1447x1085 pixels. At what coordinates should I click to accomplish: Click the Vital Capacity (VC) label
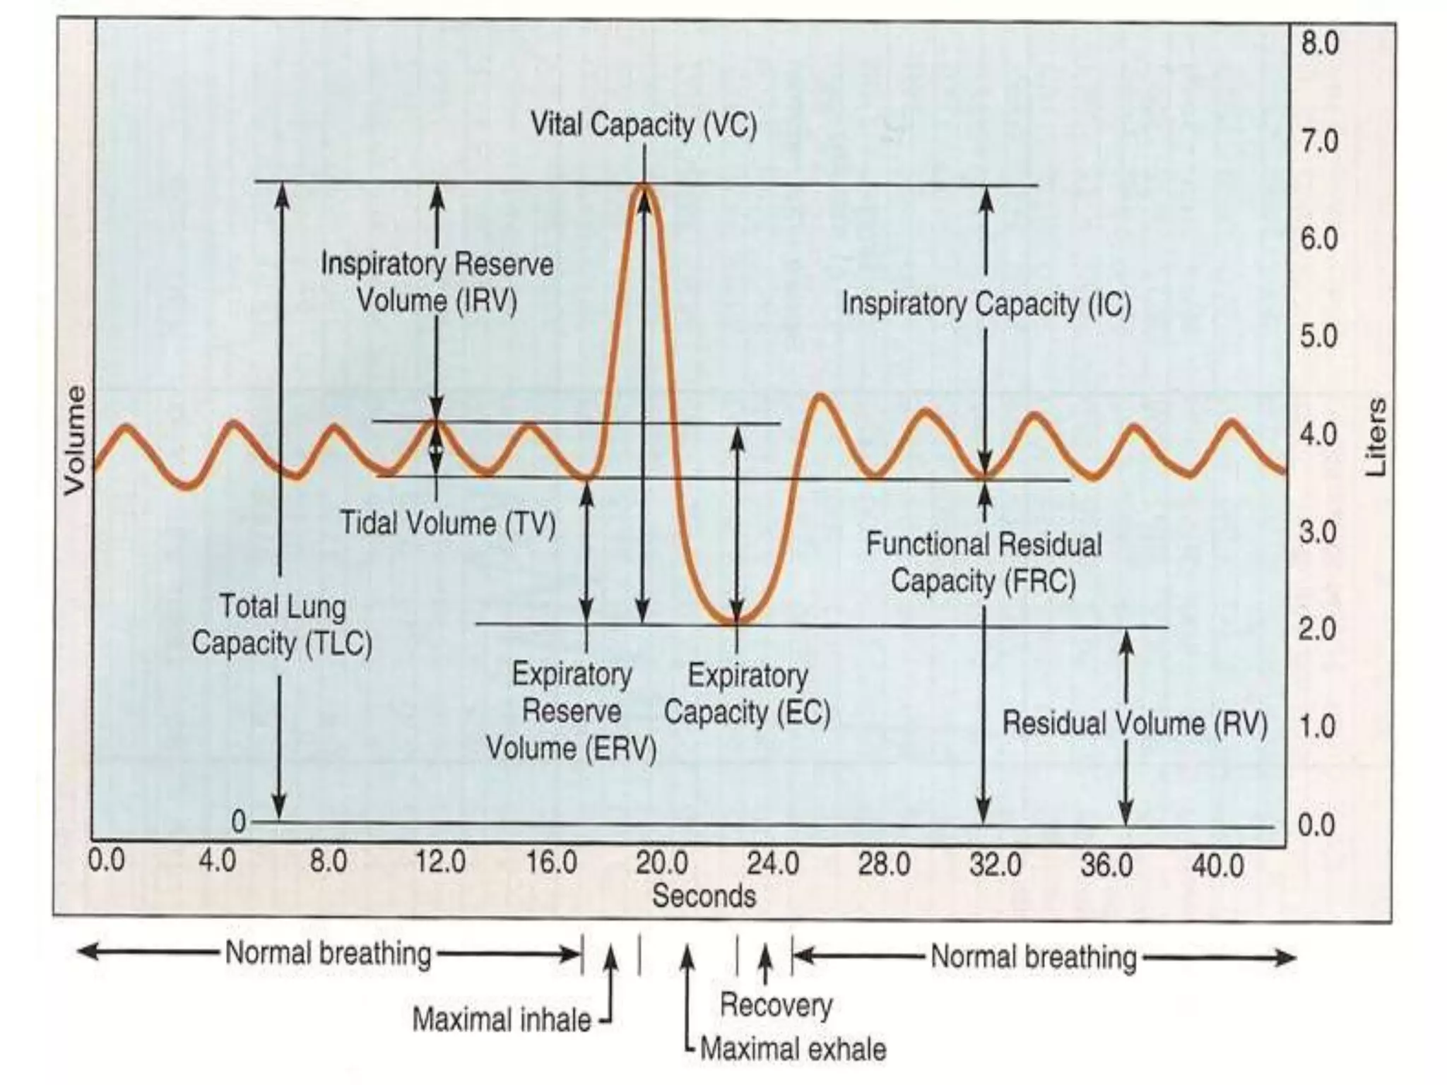click(x=643, y=126)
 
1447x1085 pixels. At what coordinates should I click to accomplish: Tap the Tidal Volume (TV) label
click(x=448, y=523)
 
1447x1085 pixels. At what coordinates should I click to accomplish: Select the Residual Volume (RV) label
click(x=1135, y=723)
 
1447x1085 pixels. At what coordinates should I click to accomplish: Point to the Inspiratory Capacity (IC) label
click(x=986, y=304)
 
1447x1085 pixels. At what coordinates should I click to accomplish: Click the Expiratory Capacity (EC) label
click(x=747, y=694)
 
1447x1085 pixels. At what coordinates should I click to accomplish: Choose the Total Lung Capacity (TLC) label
click(x=282, y=625)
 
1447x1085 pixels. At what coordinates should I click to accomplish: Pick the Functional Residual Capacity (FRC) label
click(x=984, y=563)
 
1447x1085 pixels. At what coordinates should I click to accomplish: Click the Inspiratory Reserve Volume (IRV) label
click(x=437, y=283)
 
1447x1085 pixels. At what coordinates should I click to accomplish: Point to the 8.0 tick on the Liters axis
click(x=1319, y=44)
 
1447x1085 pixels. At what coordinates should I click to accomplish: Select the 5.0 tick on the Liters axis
click(x=1319, y=336)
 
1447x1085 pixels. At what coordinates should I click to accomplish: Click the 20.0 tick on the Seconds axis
click(x=661, y=863)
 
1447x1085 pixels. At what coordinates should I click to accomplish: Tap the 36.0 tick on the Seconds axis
click(x=1106, y=865)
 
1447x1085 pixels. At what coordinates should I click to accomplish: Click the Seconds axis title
click(x=704, y=896)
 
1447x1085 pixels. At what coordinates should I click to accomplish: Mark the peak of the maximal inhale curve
click(x=644, y=186)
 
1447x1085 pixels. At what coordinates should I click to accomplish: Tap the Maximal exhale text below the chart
click(x=793, y=1049)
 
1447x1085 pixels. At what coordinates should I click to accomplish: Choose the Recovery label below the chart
click(x=776, y=1004)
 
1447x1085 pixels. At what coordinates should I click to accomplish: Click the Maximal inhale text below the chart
click(x=502, y=1020)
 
